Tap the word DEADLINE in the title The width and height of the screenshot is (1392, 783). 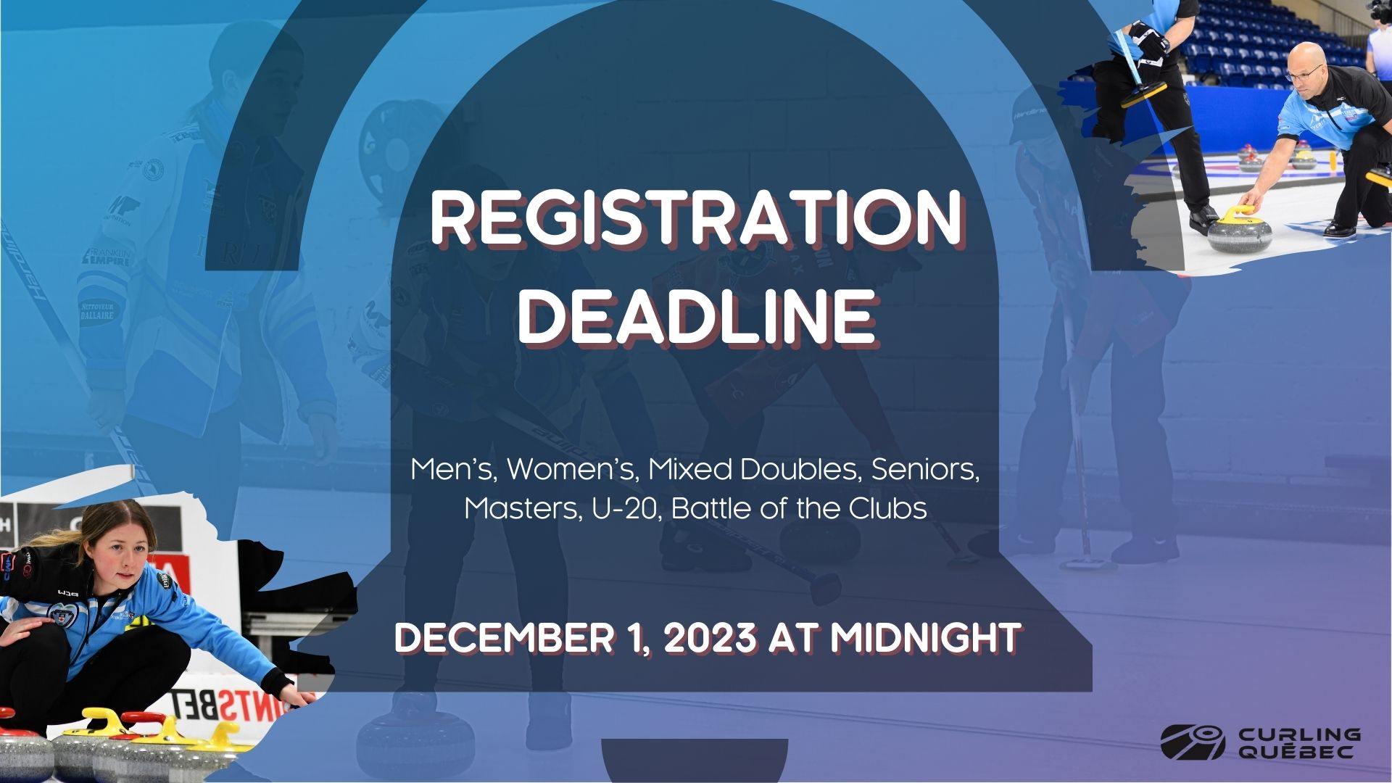[x=696, y=318]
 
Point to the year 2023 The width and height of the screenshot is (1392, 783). [x=707, y=638]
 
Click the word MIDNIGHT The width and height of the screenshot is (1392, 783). [x=926, y=638]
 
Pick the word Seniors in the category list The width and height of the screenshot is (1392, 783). [x=925, y=470]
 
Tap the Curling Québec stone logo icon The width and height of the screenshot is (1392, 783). [x=1193, y=742]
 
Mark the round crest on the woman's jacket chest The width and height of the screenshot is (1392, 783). [x=59, y=613]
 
